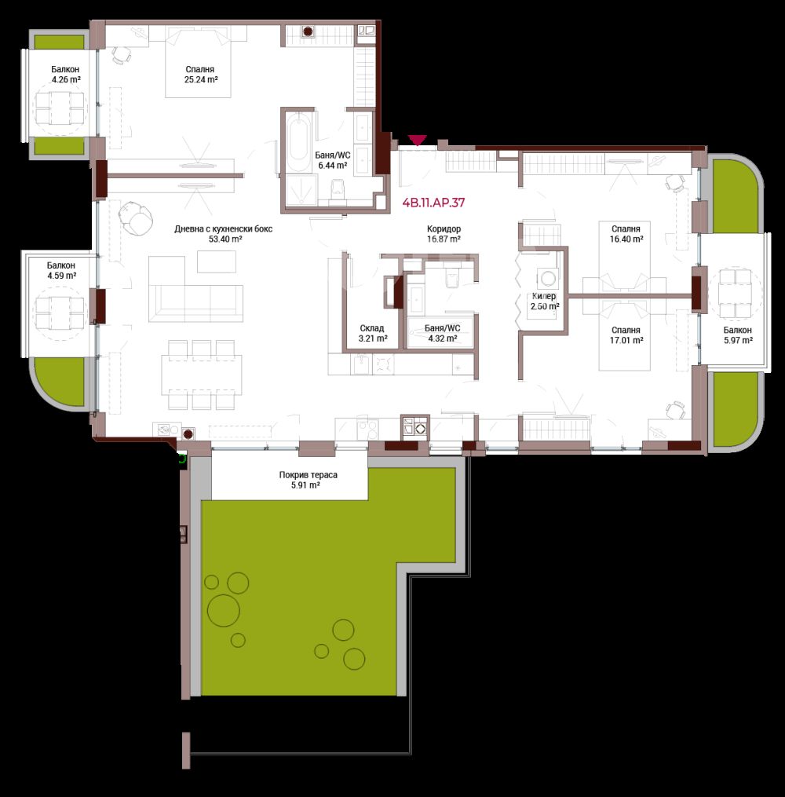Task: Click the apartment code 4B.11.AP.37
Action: (433, 203)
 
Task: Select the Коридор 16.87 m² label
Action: (444, 234)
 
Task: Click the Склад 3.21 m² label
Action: (372, 334)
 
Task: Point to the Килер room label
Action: (544, 296)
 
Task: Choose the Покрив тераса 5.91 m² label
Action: (308, 480)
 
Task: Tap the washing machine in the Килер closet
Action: (547, 278)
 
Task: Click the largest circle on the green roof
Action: (224, 610)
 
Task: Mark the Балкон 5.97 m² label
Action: (738, 335)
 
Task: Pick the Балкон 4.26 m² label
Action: (65, 75)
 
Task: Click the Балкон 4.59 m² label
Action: (61, 270)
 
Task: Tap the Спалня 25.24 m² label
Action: (201, 75)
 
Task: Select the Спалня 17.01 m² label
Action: (626, 335)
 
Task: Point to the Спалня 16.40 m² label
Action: (626, 234)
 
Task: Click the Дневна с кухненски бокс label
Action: (224, 228)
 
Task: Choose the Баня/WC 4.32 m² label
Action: (442, 334)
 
